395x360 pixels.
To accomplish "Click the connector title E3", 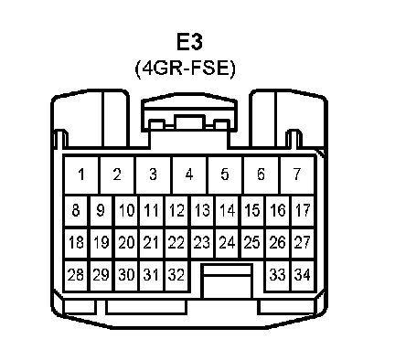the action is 189,42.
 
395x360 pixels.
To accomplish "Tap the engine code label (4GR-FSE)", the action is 186,69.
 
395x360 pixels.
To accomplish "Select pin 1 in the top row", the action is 81,175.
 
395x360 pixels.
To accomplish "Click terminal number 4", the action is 189,175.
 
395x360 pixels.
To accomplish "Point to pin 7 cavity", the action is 297,175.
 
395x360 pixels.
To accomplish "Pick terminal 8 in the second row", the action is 76,210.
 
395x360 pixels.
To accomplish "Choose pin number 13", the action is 202,210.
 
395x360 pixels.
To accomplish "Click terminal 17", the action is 303,210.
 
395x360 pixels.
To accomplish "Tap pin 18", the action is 76,243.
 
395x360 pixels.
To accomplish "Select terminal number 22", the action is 176,243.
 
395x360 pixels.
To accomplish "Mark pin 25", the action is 252,243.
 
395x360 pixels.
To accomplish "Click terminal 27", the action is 303,243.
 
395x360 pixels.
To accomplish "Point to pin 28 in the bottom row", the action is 76,275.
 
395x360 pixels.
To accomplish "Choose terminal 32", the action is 176,275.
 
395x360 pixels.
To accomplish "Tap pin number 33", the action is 277,275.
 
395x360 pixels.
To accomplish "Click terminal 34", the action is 303,275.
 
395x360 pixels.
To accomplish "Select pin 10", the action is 126,210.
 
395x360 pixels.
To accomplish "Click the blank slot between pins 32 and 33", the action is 228,281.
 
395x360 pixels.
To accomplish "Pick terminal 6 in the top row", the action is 261,175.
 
